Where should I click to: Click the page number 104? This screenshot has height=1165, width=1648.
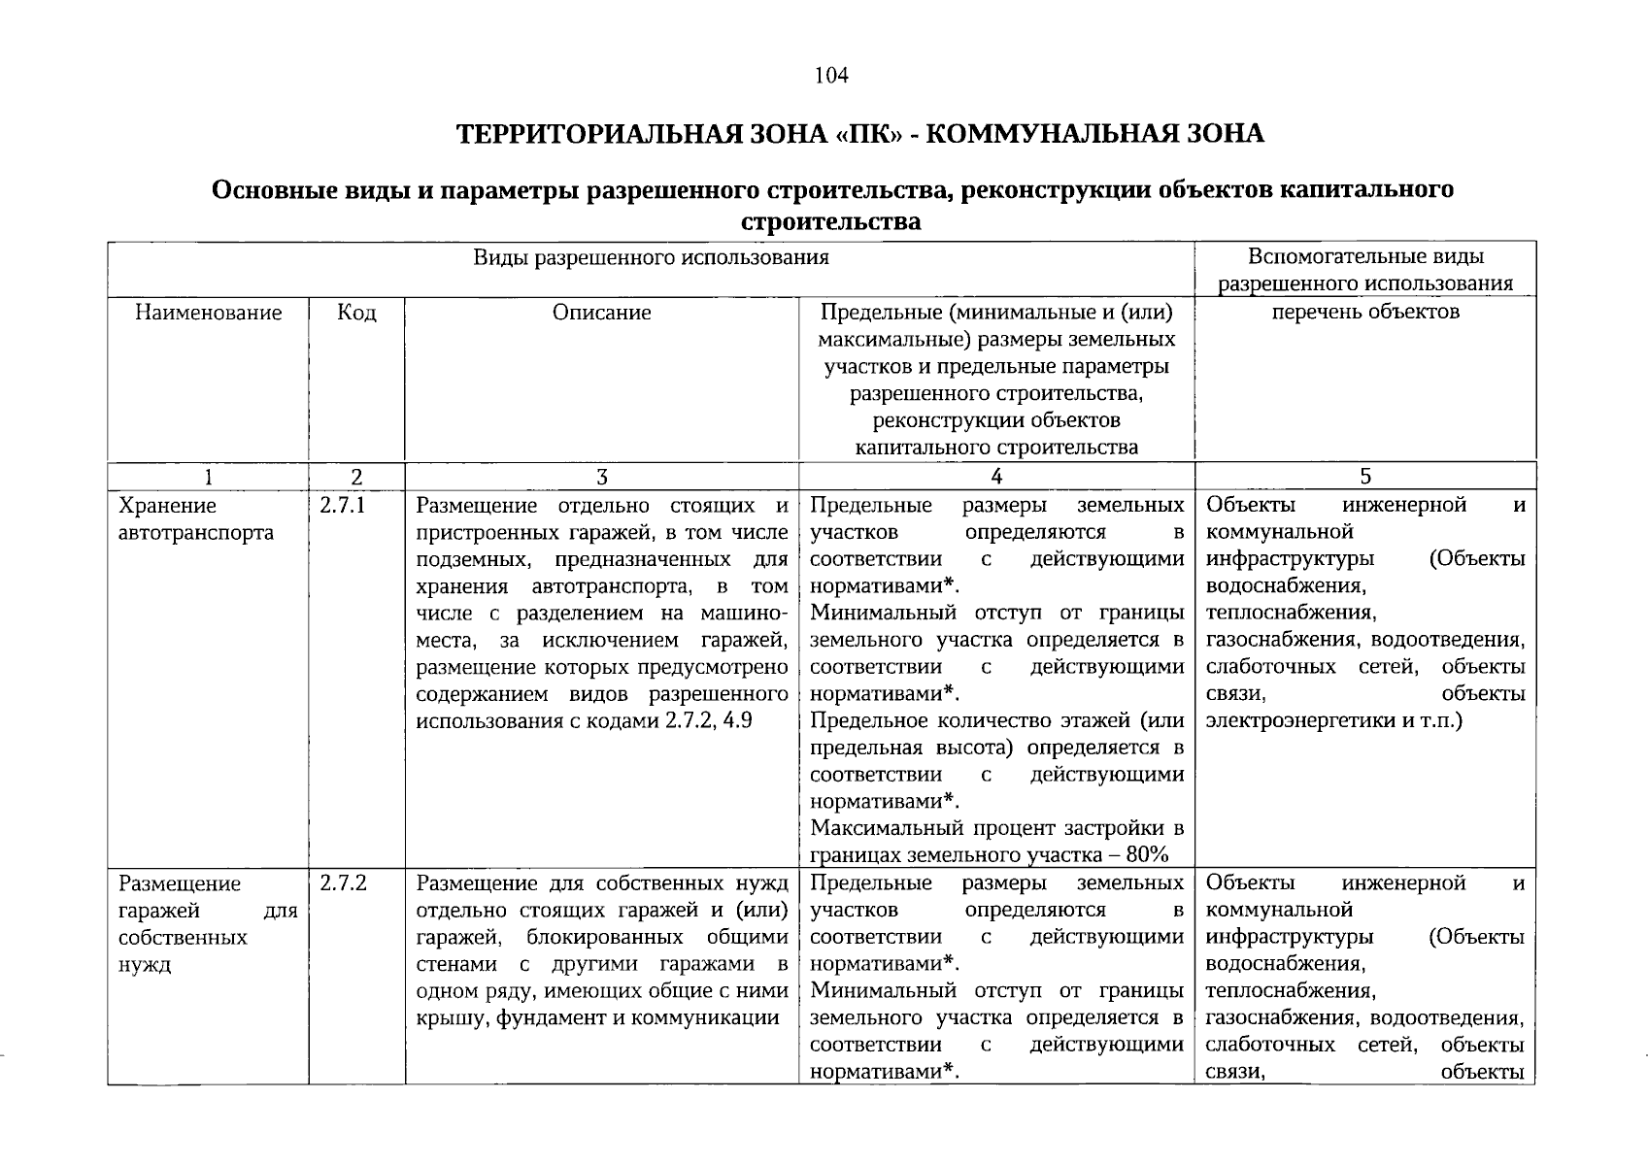coord(832,75)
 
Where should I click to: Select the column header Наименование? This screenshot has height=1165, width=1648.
coord(209,313)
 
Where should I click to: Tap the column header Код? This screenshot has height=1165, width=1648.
coord(356,313)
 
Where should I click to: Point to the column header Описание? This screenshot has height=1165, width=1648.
coord(601,313)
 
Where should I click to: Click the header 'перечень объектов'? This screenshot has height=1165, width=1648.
coord(1365,312)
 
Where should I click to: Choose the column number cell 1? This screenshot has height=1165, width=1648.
coord(208,477)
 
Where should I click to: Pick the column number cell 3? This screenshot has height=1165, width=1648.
coord(602,477)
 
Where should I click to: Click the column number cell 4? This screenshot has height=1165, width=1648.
coord(996,477)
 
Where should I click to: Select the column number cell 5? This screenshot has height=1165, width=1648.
coord(1365,477)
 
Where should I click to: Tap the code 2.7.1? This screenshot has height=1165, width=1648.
coord(342,505)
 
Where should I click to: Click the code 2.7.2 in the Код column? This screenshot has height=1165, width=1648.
coord(342,883)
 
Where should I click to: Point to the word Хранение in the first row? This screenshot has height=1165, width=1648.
coord(167,506)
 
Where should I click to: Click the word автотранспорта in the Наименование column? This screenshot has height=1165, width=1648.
coord(196,533)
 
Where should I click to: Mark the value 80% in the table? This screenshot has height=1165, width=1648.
coord(1149,855)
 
